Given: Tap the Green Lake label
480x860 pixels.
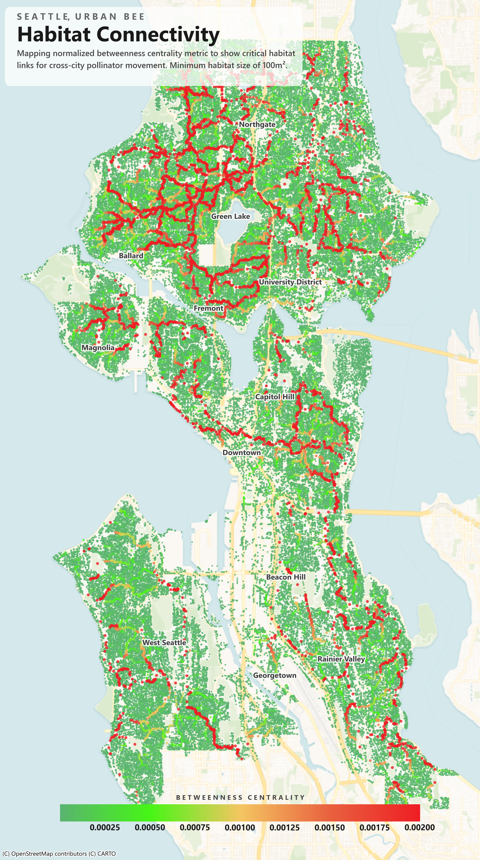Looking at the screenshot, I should tap(231, 216).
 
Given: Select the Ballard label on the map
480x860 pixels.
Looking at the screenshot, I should tap(131, 256).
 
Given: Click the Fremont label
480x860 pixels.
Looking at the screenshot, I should tap(208, 308).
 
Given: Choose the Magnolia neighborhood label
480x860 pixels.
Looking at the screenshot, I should tap(98, 348).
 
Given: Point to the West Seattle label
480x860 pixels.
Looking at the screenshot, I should tap(164, 643).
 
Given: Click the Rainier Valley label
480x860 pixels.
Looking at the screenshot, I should tap(341, 659).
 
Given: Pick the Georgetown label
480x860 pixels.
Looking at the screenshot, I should tap(275, 675).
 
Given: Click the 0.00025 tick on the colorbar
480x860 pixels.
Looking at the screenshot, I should tap(104, 828).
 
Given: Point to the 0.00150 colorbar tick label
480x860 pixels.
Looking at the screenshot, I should tap(329, 828).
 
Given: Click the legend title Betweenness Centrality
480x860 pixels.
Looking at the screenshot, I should tap(240, 798).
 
